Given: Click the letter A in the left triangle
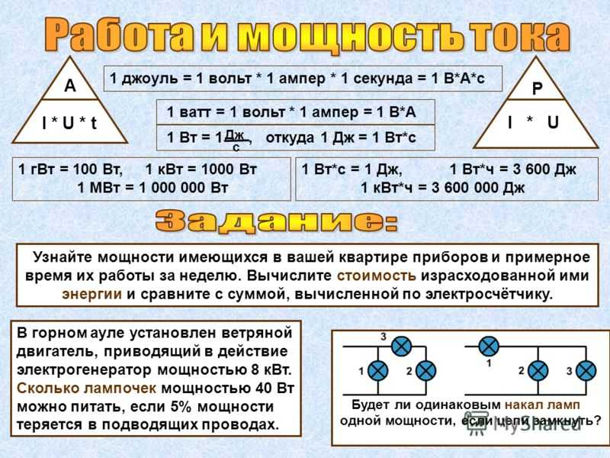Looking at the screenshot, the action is pyautogui.click(x=70, y=85).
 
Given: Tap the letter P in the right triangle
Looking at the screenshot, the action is pyautogui.click(x=538, y=89).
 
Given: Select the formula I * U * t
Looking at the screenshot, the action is pyautogui.click(x=69, y=124).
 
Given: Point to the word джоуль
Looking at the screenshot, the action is pyautogui.click(x=149, y=79).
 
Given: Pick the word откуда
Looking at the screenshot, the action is pyautogui.click(x=290, y=137).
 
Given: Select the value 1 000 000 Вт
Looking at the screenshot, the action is pyautogui.click(x=183, y=188).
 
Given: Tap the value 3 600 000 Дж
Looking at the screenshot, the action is pyautogui.click(x=478, y=188).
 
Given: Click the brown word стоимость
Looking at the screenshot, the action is pyautogui.click(x=376, y=276).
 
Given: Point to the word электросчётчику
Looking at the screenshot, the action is pyautogui.click(x=489, y=294).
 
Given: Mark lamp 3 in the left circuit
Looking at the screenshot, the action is pyautogui.click(x=401, y=347).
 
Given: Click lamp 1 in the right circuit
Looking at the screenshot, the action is pyautogui.click(x=489, y=347).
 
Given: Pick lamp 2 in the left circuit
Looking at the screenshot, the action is pyautogui.click(x=426, y=370).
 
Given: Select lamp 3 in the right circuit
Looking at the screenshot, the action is pyautogui.click(x=586, y=370).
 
